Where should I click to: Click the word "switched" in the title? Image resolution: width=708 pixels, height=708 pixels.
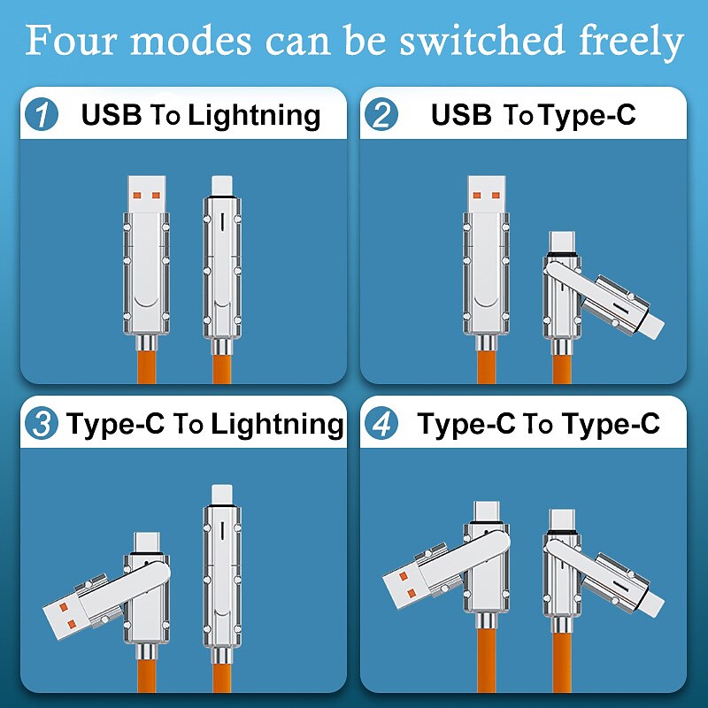(482, 40)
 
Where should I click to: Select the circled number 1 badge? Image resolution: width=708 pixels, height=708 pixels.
(42, 114)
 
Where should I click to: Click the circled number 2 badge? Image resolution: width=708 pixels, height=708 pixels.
(381, 114)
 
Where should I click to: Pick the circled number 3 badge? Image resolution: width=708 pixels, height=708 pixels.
(42, 423)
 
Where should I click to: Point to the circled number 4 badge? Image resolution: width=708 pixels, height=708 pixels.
(381, 423)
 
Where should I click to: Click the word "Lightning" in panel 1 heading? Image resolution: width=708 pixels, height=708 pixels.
(255, 116)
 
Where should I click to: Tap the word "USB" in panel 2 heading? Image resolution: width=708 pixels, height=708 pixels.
(461, 114)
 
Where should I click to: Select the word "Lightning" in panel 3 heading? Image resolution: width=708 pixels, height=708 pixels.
(278, 425)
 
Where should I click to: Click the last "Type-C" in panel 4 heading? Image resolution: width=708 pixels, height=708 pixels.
(612, 424)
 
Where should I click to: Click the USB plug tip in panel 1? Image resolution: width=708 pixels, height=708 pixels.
(146, 194)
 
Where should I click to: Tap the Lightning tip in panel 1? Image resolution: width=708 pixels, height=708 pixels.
(222, 187)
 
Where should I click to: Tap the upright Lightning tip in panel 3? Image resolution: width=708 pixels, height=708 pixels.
(222, 496)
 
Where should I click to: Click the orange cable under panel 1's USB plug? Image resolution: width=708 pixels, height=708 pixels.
(146, 366)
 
